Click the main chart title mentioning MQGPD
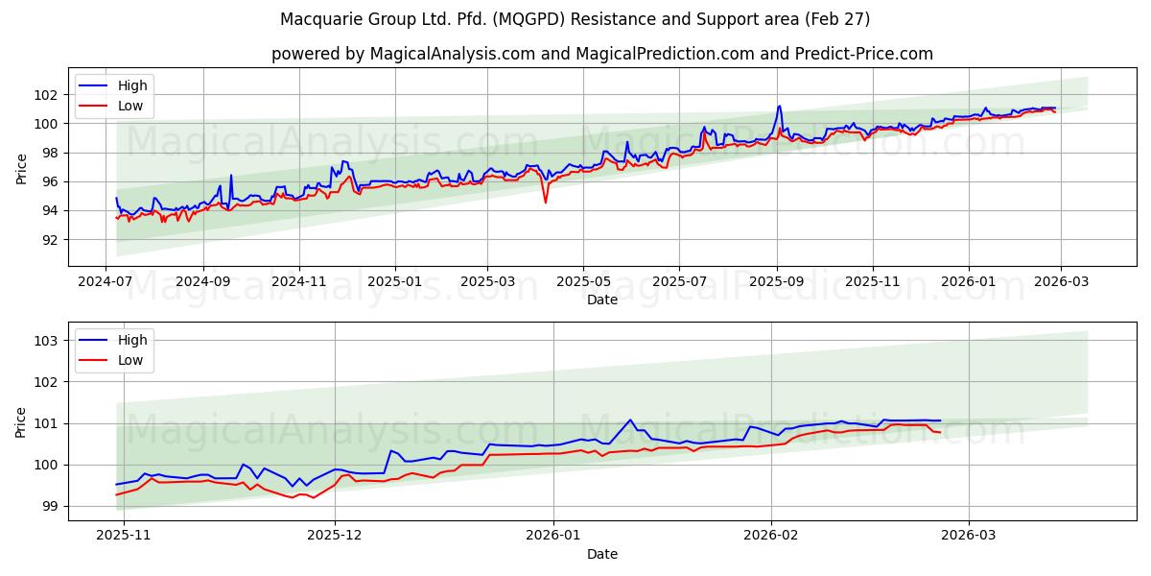[x=575, y=19]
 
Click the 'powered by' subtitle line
[x=601, y=54]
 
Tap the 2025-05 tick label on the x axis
[x=582, y=283]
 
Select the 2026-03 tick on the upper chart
[x=1060, y=283]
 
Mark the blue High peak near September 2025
[x=779, y=106]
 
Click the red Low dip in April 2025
[x=546, y=202]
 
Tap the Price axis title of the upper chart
[x=21, y=167]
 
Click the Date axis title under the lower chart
[x=601, y=554]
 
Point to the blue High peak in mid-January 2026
[x=630, y=420]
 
